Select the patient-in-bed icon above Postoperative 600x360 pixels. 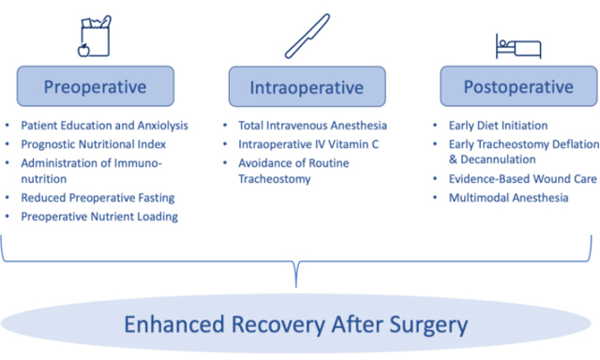[x=517, y=45]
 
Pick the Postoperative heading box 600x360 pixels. [x=517, y=87]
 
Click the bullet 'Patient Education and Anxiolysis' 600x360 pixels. [x=104, y=125]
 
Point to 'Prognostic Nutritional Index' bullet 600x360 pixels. [x=93, y=143]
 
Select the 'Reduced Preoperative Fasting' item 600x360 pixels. [x=97, y=198]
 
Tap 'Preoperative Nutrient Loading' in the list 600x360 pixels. [x=98, y=217]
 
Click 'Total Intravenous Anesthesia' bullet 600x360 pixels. [x=313, y=125]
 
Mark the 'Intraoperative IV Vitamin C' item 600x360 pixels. [x=307, y=143]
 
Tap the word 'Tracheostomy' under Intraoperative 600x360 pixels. [x=276, y=179]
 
